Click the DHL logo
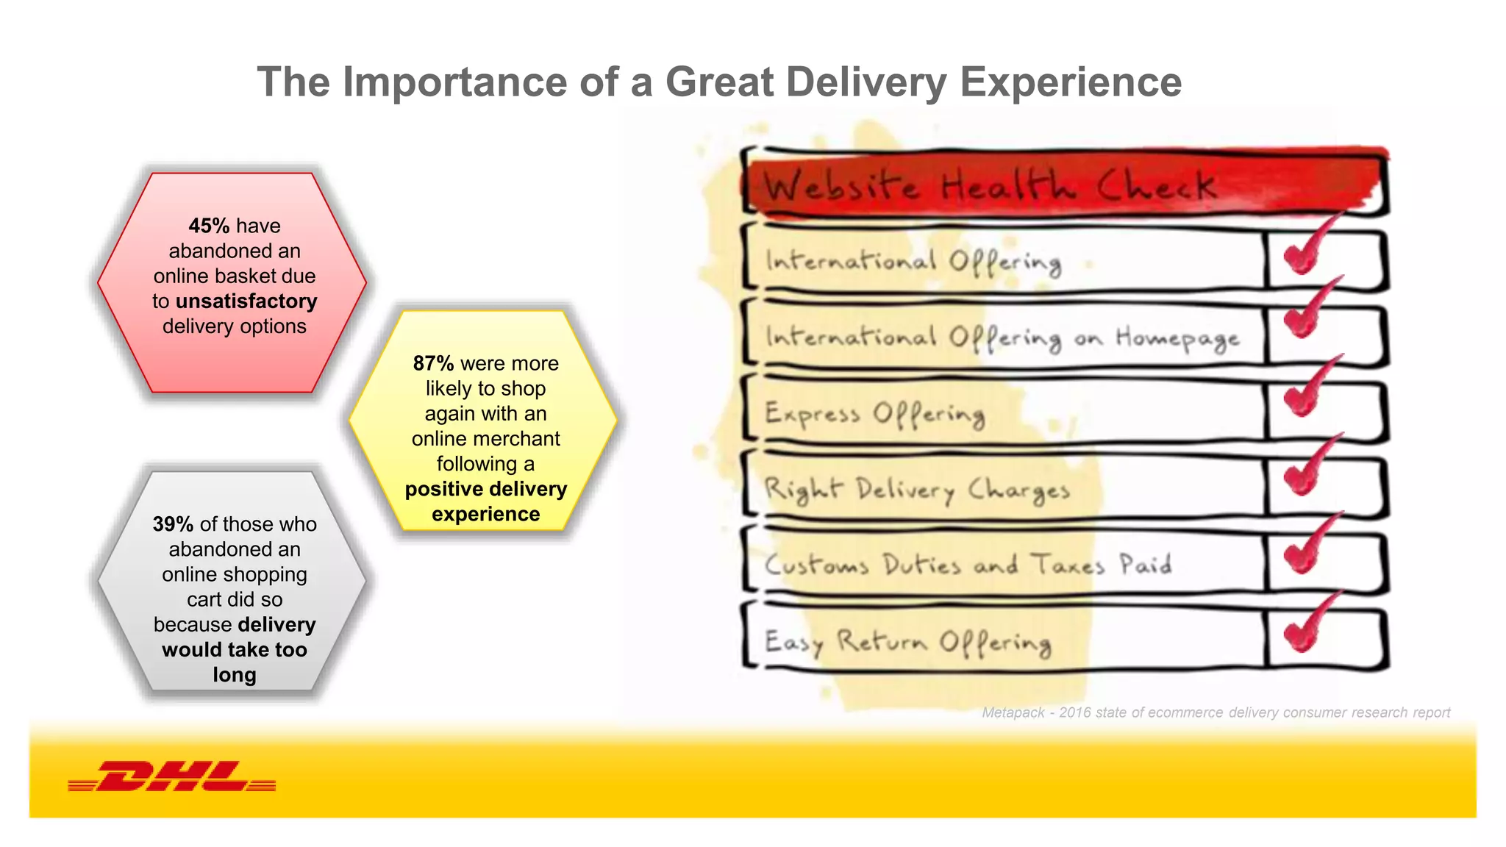pyautogui.click(x=171, y=776)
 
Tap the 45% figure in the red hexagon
pyautogui.click(x=209, y=226)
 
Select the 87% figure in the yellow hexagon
pyautogui.click(x=433, y=363)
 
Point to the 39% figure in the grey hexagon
pyautogui.click(x=173, y=524)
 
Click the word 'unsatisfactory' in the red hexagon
pyautogui.click(x=246, y=301)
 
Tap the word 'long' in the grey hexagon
pyautogui.click(x=235, y=675)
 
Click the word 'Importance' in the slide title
pyautogui.click(x=454, y=82)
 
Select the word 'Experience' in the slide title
pyautogui.click(x=1071, y=82)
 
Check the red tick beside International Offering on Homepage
pyautogui.click(x=1308, y=312)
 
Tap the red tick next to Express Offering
pyautogui.click(x=1308, y=390)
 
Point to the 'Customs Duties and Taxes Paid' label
pyautogui.click(x=968, y=565)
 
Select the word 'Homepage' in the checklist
pyautogui.click(x=1177, y=338)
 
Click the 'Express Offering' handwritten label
pyautogui.click(x=874, y=414)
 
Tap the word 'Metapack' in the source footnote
pyautogui.click(x=1013, y=712)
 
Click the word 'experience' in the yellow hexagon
pyautogui.click(x=485, y=515)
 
